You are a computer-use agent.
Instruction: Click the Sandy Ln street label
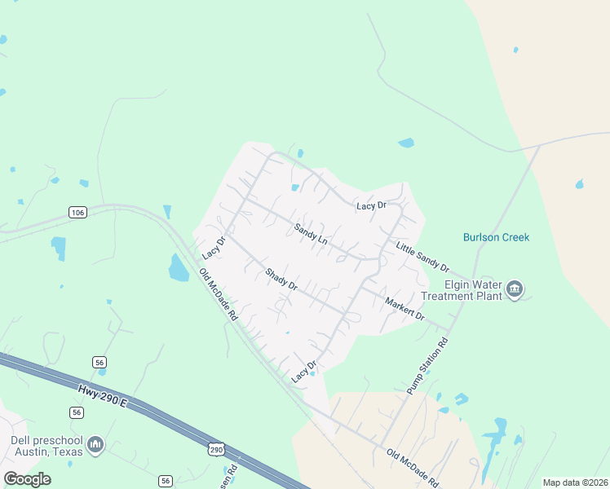tap(311, 234)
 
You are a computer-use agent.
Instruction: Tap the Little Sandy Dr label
tap(422, 256)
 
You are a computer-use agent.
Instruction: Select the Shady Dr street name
tap(281, 280)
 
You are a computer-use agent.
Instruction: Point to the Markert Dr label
tap(404, 308)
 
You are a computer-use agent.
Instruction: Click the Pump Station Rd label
tap(428, 367)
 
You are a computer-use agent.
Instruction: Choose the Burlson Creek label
tap(497, 237)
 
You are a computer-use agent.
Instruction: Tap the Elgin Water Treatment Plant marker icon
tap(515, 289)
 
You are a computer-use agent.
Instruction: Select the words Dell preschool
tap(42, 440)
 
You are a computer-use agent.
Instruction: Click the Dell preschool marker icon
tap(96, 445)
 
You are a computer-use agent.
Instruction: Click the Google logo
tap(27, 479)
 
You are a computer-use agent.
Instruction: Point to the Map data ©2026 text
tap(575, 482)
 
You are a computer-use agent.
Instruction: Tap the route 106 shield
tap(77, 213)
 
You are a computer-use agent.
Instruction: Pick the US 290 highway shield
tap(215, 449)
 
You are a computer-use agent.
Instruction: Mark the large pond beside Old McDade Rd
tap(178, 267)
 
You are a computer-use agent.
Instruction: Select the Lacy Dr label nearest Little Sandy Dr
tap(371, 206)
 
